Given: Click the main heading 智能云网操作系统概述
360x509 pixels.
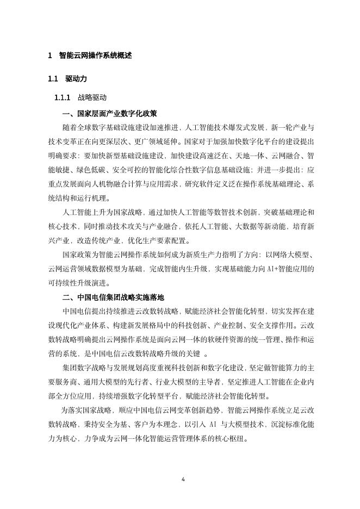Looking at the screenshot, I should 95,55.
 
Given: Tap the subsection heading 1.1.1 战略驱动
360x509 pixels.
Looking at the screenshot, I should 80,98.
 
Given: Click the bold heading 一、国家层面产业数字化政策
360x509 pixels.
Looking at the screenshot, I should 110,114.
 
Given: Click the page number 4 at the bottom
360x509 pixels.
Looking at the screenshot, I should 183,479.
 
